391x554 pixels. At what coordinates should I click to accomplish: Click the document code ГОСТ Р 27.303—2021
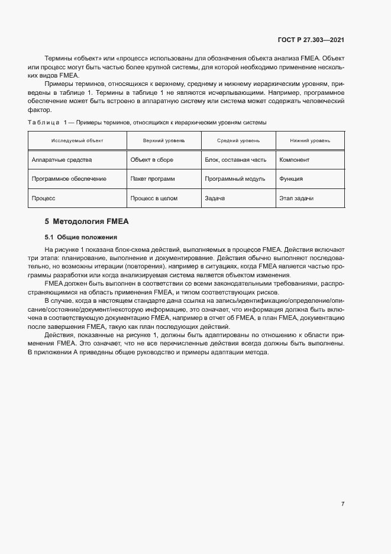311,40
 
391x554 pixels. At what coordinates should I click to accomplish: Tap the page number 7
342,504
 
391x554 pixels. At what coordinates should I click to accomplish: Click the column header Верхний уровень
164,140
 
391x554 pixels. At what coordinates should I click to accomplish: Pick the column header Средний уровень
238,140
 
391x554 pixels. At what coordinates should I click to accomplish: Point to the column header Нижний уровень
310,140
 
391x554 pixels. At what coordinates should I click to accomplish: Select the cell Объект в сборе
151,160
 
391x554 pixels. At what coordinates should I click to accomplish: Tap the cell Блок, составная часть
235,160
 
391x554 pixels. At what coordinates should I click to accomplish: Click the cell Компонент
294,160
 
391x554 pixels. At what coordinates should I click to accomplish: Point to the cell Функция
291,179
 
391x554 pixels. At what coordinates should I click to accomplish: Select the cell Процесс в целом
153,198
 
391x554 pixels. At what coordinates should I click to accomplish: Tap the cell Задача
215,198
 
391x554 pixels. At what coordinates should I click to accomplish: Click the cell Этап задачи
296,198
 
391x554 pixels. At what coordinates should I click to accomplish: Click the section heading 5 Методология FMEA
87,222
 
